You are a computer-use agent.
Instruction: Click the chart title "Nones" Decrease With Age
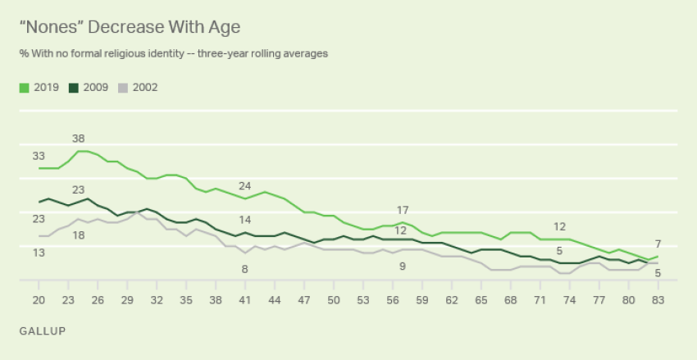(130, 27)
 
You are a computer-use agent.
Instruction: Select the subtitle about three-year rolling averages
(173, 54)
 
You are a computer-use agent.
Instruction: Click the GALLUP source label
(41, 330)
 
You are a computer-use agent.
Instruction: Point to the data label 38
(78, 139)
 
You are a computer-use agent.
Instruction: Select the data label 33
(38, 155)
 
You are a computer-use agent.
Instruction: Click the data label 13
(38, 253)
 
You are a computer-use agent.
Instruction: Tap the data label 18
(78, 235)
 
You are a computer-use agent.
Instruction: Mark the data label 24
(245, 185)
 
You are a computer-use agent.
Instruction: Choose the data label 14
(245, 220)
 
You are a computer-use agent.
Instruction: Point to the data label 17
(402, 210)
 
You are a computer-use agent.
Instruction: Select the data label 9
(402, 266)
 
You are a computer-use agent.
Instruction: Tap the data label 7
(658, 244)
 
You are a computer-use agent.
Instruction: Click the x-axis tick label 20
(39, 301)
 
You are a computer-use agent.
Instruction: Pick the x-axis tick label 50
(333, 301)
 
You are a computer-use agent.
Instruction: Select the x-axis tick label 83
(658, 301)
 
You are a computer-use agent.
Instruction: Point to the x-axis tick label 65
(481, 301)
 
